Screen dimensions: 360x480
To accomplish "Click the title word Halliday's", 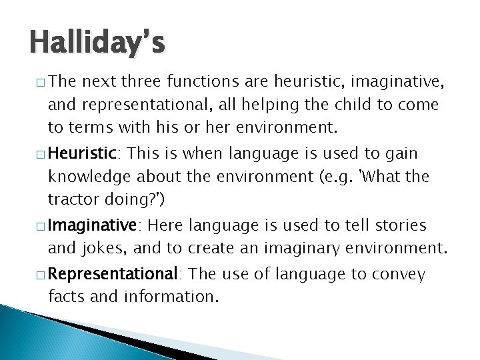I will pyautogui.click(x=97, y=45).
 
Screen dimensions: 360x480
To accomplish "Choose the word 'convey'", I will pyautogui.click(x=399, y=274).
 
